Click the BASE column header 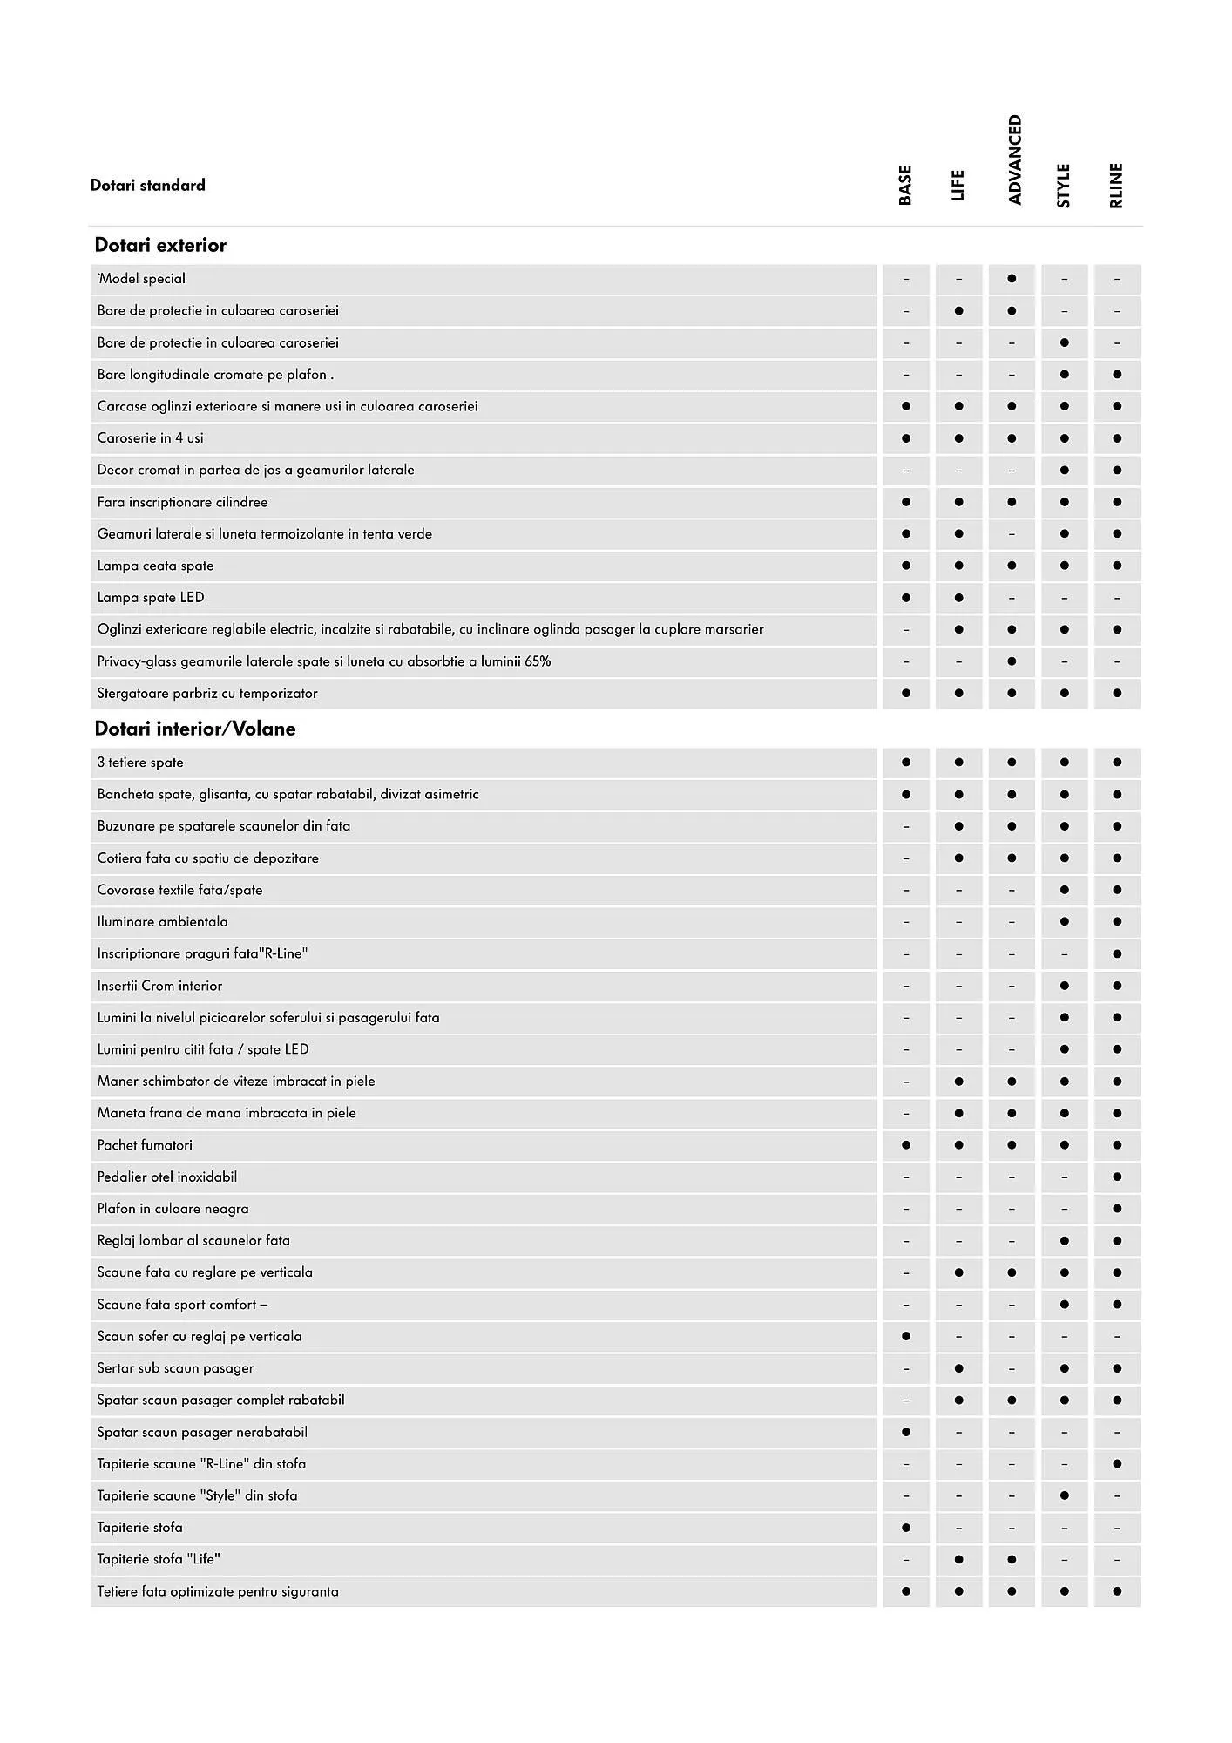[x=905, y=186]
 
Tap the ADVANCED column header [x=1013, y=159]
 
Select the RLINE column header [x=1116, y=186]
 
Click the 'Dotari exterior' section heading [x=160, y=246]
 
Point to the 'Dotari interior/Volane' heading [x=195, y=729]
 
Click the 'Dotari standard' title [x=148, y=185]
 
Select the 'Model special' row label [x=142, y=279]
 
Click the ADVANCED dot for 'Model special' [x=1012, y=279]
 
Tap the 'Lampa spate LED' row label [x=151, y=598]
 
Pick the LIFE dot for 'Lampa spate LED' [x=958, y=598]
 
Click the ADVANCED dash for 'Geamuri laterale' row [x=1012, y=534]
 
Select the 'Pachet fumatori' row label [x=145, y=1145]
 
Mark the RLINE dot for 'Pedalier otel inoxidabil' [x=1117, y=1177]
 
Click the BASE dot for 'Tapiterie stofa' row [x=906, y=1528]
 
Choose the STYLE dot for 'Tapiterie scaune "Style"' [x=1064, y=1496]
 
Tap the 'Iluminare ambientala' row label [x=163, y=922]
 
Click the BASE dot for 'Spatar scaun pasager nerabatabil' [x=906, y=1432]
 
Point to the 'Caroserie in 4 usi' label [x=151, y=438]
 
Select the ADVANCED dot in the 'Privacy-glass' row [x=1012, y=661]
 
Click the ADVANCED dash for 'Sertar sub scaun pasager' [x=1012, y=1369]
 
